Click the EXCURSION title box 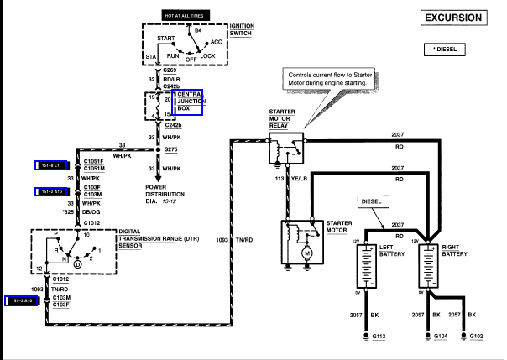point(453,18)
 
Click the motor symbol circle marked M point(307,253)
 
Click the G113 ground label point(379,337)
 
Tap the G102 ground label point(476,337)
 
